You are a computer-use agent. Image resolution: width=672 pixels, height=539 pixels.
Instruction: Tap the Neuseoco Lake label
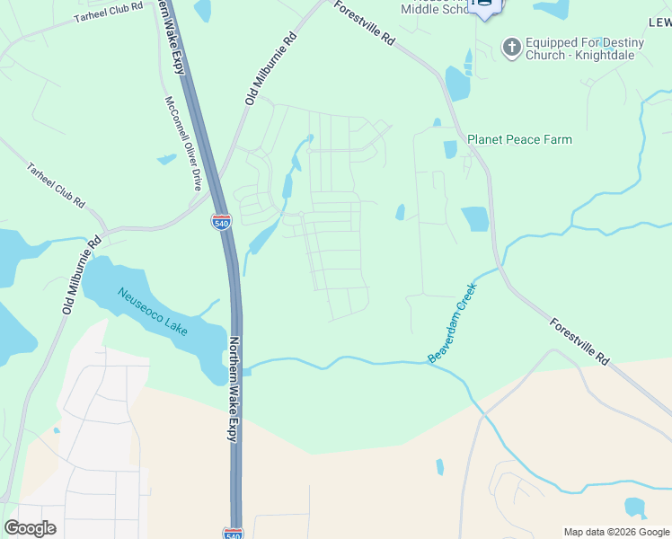pos(152,311)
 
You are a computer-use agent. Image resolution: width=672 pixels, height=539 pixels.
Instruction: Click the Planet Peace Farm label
pos(519,139)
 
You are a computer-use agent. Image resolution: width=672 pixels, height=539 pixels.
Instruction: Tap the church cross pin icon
pos(511,47)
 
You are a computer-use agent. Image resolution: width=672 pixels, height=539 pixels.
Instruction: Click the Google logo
pos(30,528)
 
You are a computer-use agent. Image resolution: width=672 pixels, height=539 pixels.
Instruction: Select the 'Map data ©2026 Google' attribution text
pos(616,532)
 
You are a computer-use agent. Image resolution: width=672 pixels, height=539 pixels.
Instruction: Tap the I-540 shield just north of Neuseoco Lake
pos(221,220)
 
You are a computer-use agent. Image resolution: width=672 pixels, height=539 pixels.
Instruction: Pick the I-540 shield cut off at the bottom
pos(232,533)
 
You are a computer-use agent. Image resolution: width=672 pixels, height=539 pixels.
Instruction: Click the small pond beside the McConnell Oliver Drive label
pos(167,159)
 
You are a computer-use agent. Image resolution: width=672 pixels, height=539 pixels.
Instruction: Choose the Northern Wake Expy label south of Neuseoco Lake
pos(233,389)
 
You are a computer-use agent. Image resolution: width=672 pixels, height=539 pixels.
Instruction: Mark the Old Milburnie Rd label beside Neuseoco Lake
pos(81,274)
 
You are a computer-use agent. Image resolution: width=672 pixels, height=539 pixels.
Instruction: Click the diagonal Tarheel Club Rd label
pos(55,183)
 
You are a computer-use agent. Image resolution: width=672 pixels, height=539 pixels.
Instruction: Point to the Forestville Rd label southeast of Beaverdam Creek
pos(579,342)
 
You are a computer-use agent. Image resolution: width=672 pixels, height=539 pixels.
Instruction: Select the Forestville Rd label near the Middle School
pos(365,23)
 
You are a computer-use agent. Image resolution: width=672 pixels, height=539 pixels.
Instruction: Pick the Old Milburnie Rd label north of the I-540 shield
pos(270,69)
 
